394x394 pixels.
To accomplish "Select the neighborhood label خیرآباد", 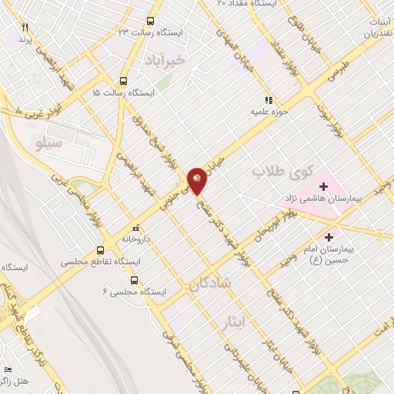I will [x=165, y=60].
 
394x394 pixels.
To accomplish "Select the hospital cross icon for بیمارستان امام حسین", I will [x=331, y=236].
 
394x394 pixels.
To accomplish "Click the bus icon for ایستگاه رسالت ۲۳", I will [x=152, y=21].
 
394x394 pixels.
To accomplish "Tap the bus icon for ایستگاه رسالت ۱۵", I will [x=124, y=80].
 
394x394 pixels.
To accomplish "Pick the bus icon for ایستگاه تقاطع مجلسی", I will [x=100, y=250].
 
